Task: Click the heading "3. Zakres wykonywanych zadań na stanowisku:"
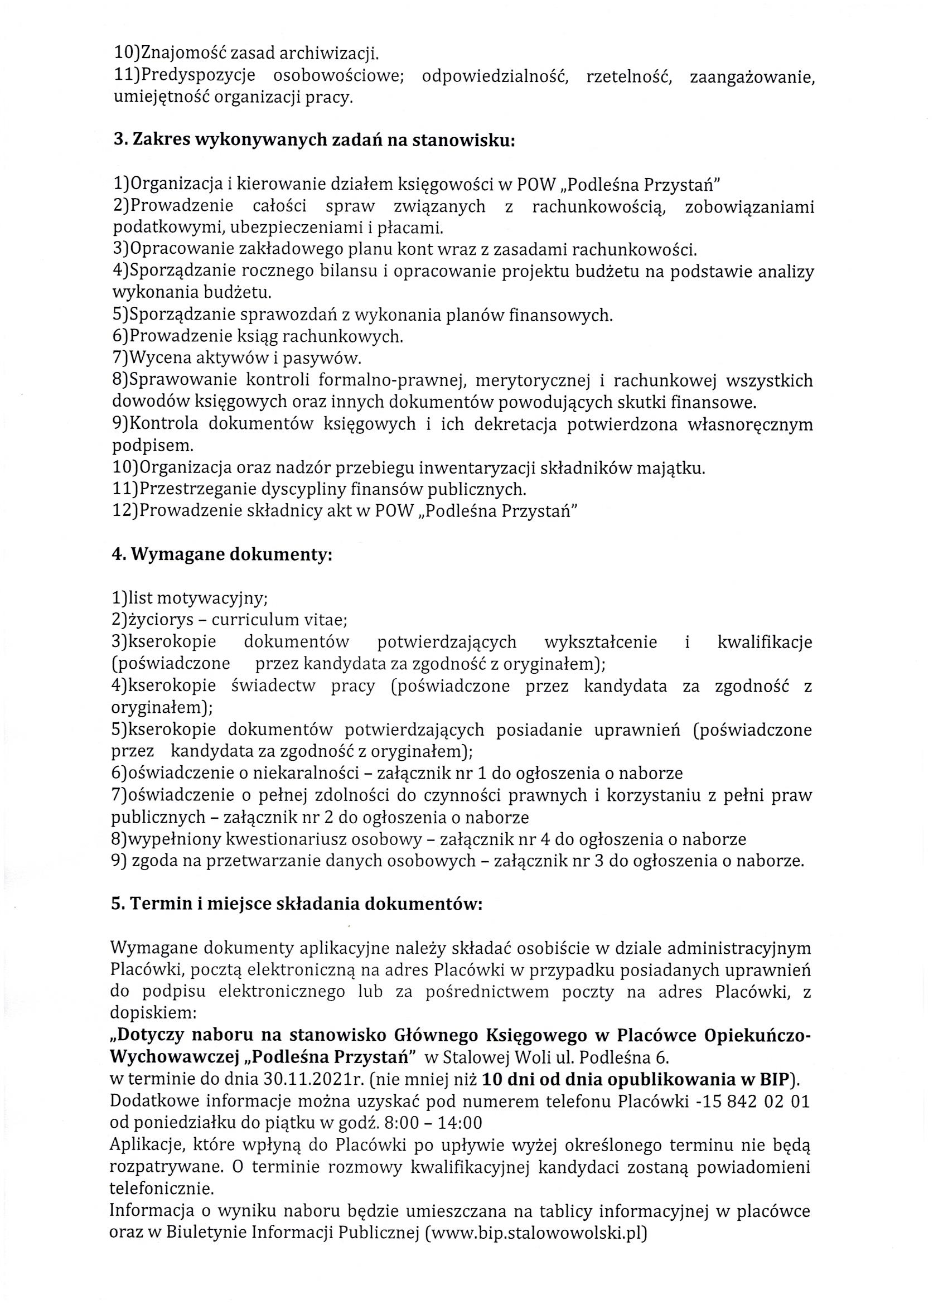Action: pyautogui.click(x=314, y=141)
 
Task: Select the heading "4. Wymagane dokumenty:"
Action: pyautogui.click(x=222, y=556)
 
